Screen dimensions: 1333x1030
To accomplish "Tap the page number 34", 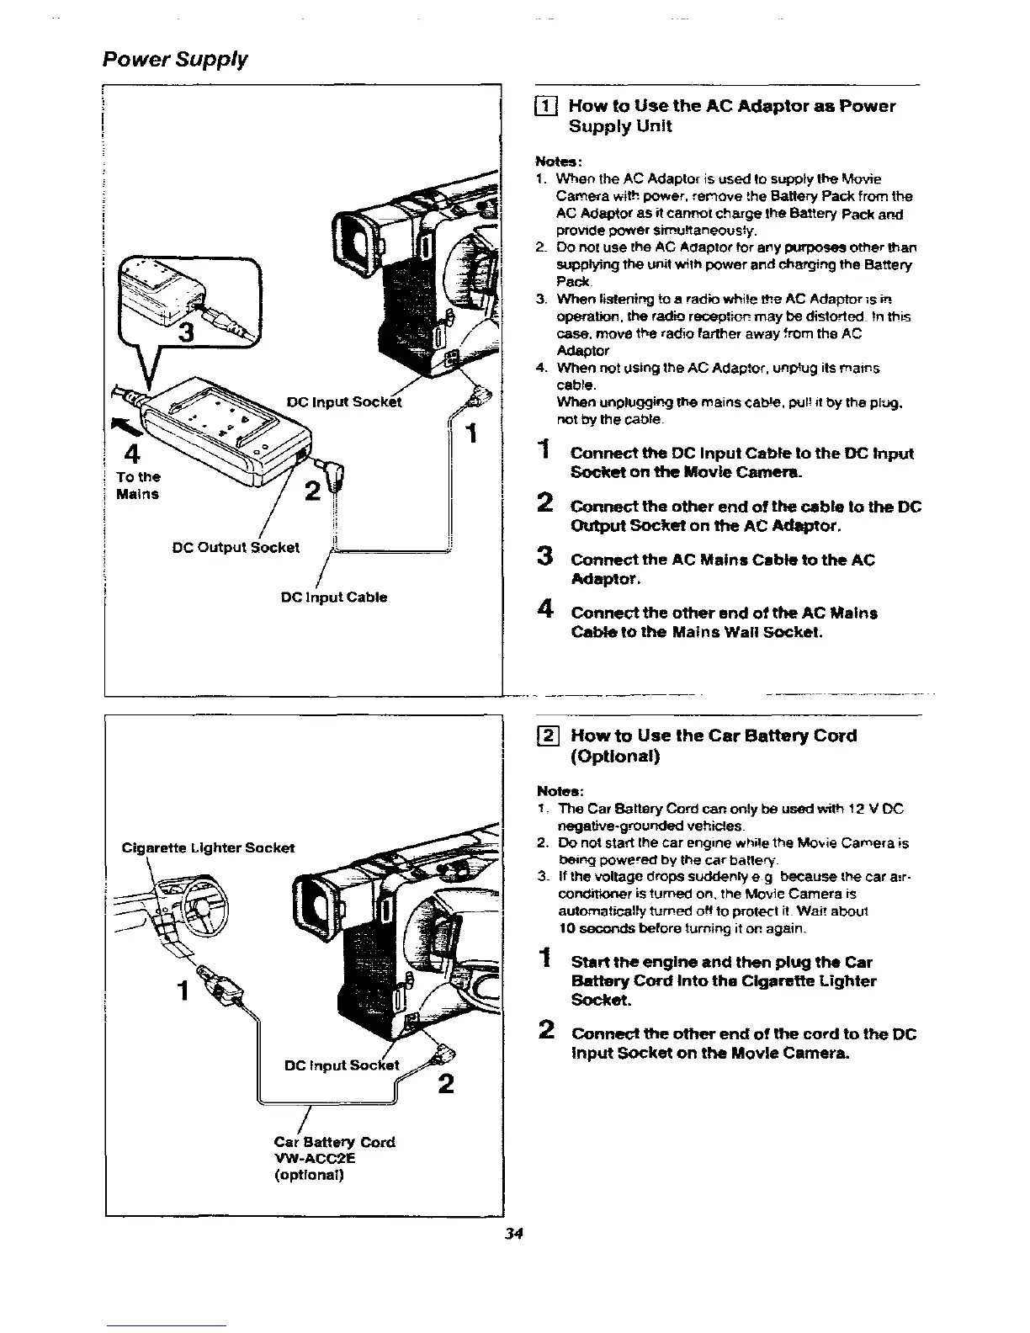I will coord(514,1234).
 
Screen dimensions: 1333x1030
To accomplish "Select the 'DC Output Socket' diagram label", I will coord(236,547).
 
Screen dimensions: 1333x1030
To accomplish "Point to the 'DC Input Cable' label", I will coord(334,597).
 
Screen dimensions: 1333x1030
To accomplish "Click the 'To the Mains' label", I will coord(138,486).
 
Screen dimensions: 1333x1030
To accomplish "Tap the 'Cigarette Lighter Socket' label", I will coord(208,847).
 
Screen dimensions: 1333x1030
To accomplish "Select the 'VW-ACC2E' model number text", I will coord(315,1158).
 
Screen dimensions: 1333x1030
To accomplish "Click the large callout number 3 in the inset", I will coord(190,334).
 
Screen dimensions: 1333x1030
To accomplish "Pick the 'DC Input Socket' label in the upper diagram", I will coord(344,402).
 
